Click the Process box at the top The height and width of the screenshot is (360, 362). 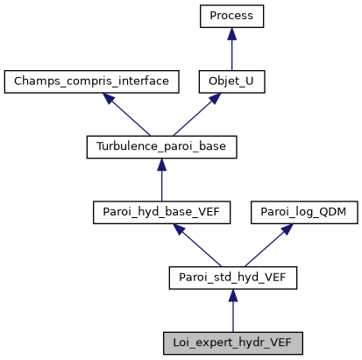coord(231,16)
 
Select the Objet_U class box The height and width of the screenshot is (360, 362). coord(231,81)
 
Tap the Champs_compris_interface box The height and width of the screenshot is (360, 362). coord(92,81)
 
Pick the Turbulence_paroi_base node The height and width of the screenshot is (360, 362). coord(161,147)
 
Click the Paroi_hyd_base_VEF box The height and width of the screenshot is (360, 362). coord(161,213)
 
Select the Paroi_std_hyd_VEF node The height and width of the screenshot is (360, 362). coord(232,279)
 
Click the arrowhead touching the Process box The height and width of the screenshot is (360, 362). coord(231,34)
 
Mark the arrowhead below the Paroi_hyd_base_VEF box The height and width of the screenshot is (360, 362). coord(179,229)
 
